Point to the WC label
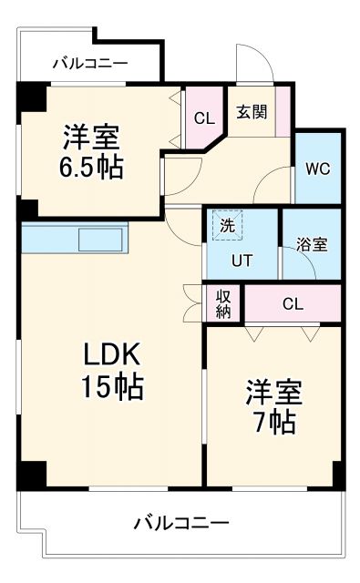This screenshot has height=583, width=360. point(317,169)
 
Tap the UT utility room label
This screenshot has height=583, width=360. point(241,261)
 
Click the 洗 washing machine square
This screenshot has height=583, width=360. point(224,223)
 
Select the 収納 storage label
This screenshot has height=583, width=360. point(223,303)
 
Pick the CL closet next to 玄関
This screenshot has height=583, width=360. point(203,117)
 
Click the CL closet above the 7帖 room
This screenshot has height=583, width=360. point(292,304)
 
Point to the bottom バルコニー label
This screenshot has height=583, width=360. point(180,523)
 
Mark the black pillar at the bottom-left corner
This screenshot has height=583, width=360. point(31,474)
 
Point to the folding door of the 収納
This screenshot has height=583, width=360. point(193,303)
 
